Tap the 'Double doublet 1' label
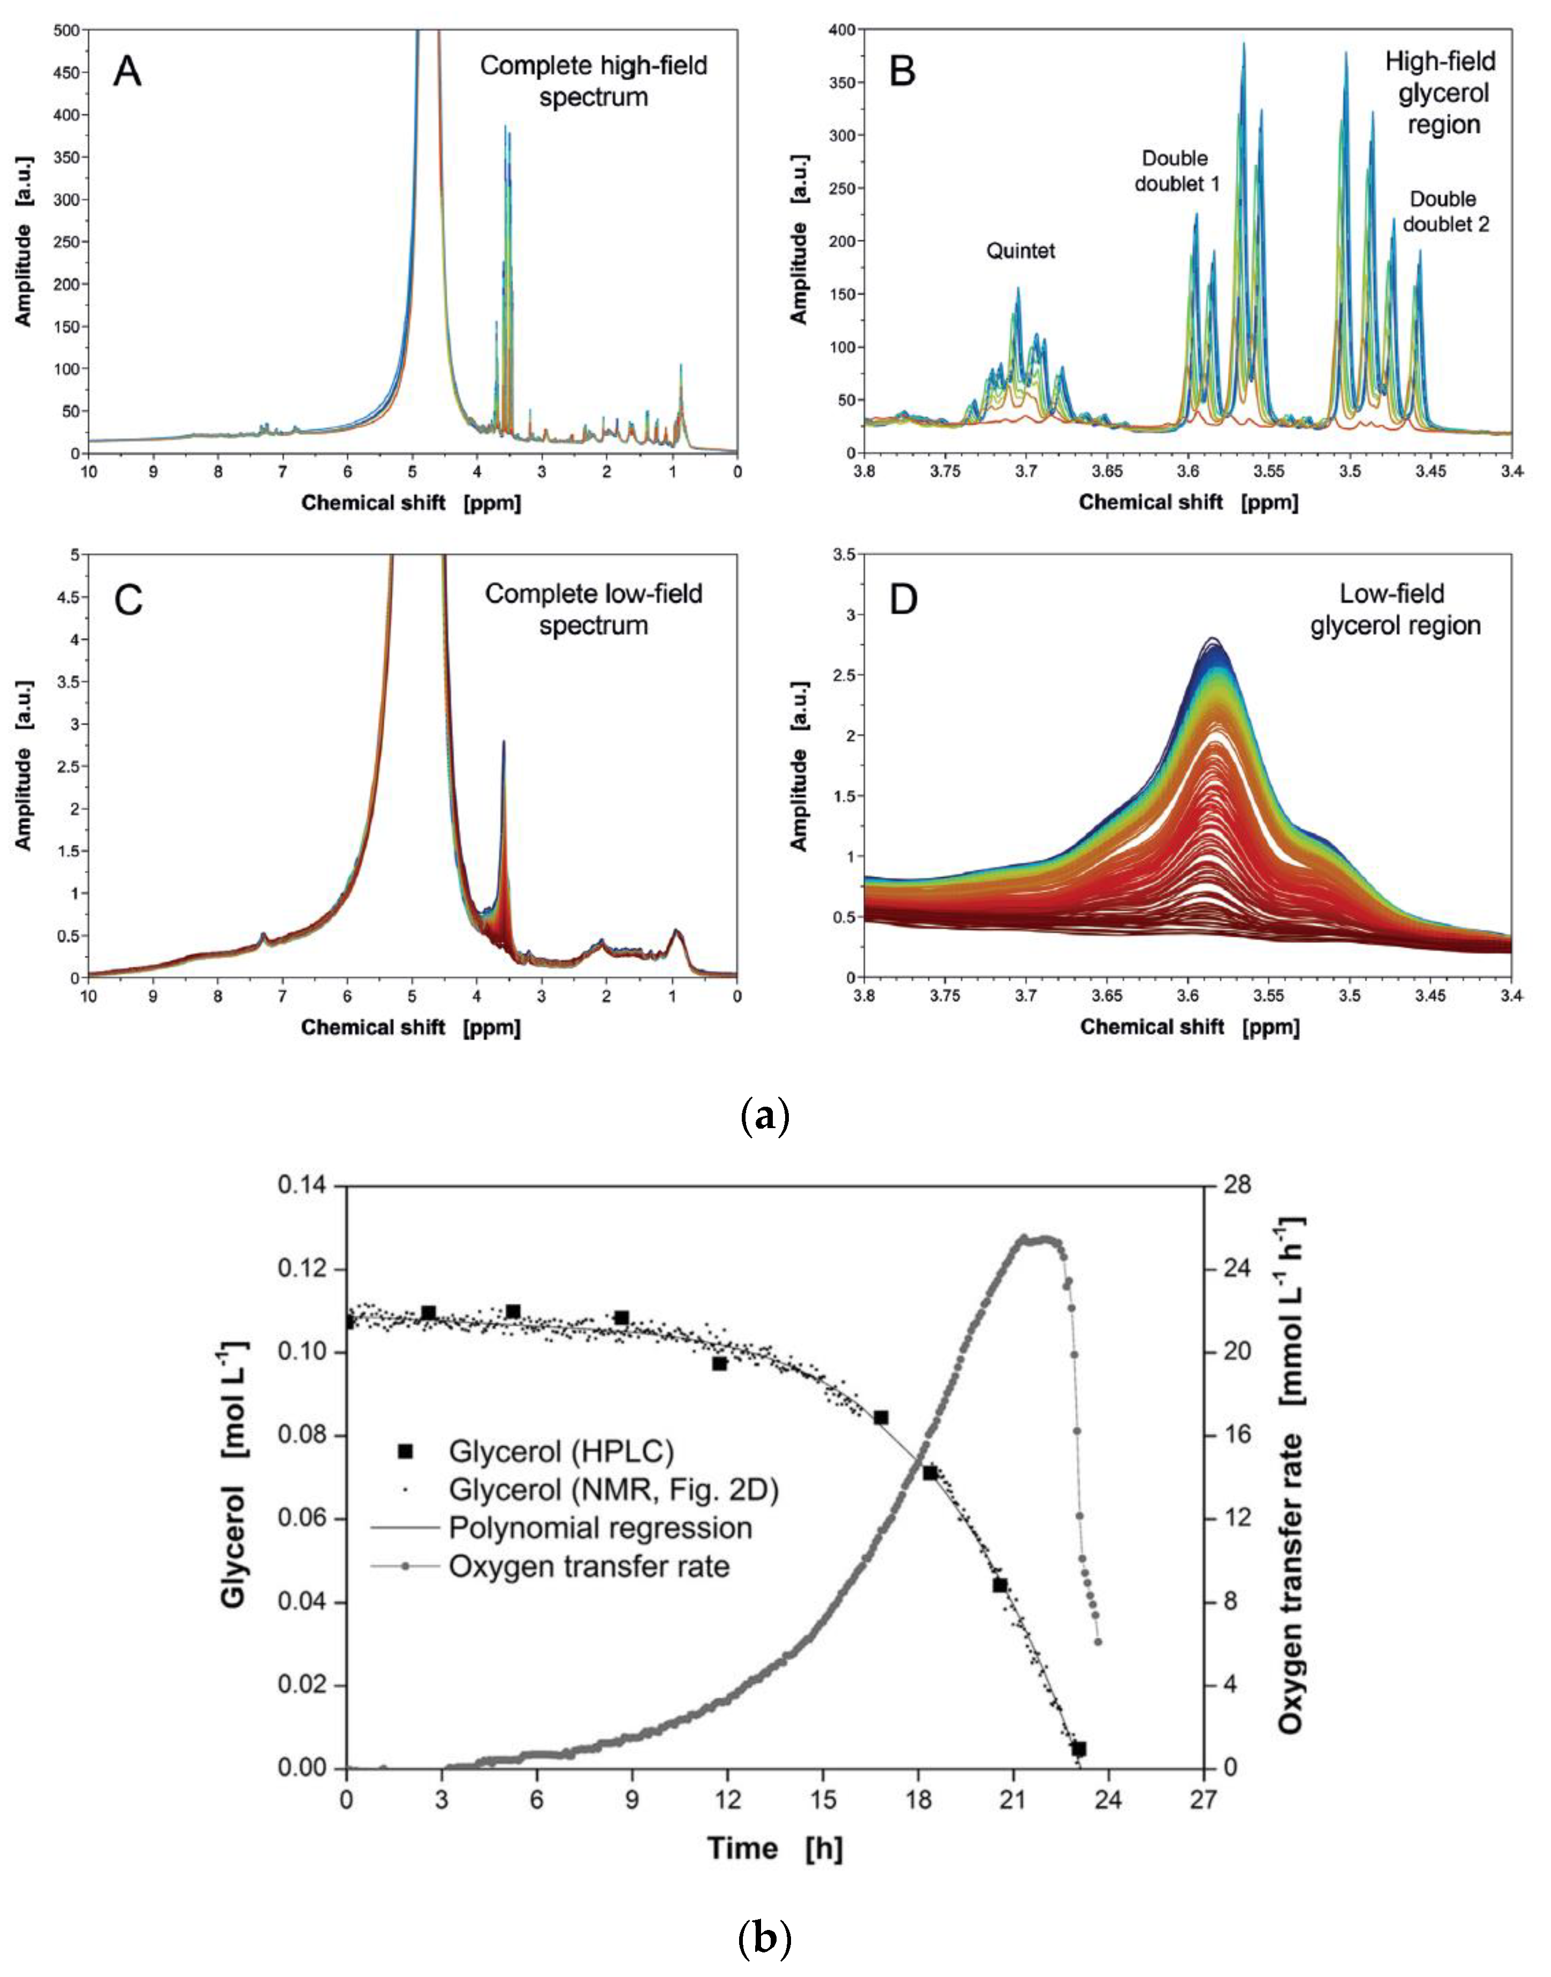1176,171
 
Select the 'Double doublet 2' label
1444,211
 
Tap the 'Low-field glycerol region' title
1395,609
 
